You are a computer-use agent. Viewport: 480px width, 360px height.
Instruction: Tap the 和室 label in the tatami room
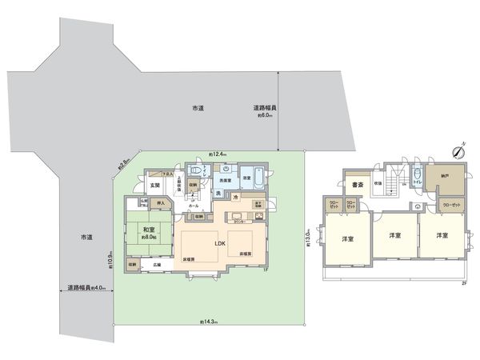(x=147, y=229)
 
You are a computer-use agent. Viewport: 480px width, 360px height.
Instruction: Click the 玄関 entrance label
(x=154, y=186)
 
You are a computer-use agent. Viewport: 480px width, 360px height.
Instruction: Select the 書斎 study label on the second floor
(x=358, y=186)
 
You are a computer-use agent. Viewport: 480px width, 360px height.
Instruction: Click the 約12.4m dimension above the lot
(x=218, y=154)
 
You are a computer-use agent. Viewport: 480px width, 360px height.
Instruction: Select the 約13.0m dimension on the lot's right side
(x=308, y=238)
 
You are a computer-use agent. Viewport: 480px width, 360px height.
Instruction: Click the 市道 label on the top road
(x=196, y=107)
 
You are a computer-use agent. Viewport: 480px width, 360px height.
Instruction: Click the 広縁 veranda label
(x=157, y=264)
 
